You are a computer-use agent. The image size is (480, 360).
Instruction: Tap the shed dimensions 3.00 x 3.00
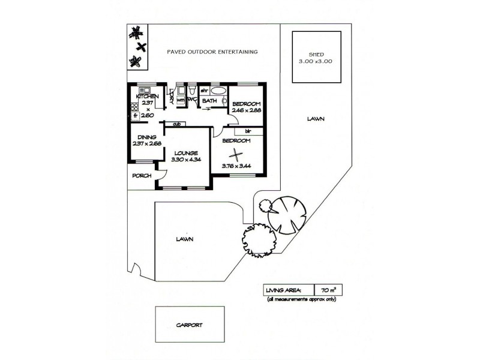[x=317, y=61]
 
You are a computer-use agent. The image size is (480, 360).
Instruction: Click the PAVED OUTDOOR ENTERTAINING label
[x=212, y=52]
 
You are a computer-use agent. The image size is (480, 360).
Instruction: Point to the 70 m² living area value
[x=328, y=290]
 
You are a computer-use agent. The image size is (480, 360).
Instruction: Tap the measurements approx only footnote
[x=302, y=299]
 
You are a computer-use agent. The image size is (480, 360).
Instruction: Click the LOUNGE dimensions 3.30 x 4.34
[x=186, y=159]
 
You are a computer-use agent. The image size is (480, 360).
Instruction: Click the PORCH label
[x=142, y=176]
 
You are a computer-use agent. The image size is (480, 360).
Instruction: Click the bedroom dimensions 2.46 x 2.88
[x=247, y=111]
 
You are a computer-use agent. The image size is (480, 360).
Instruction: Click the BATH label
[x=209, y=101]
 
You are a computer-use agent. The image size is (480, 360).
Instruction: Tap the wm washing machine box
[x=180, y=100]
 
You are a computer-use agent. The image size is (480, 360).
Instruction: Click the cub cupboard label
[x=176, y=124]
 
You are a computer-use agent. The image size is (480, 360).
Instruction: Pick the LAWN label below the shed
[x=316, y=119]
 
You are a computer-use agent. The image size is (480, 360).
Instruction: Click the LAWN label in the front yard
[x=185, y=238]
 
